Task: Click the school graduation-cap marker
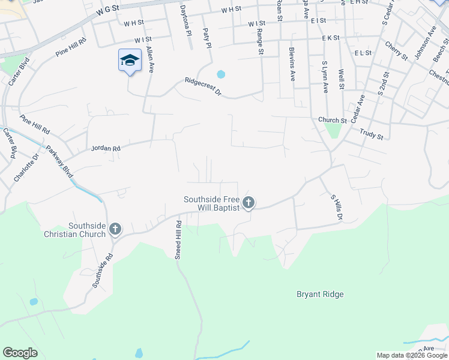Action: pos(130,61)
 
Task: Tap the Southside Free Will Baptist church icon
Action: pos(249,203)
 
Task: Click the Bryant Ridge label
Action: pos(320,294)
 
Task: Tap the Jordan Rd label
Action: pos(106,148)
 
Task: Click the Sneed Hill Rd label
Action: pos(178,239)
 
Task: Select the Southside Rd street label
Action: pos(103,271)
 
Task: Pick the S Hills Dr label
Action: pos(335,207)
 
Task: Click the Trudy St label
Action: pos(372,133)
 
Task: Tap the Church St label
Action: pos(329,120)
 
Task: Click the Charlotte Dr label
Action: pos(26,168)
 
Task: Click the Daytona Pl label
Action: pos(185,19)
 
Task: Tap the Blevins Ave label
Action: pos(292,64)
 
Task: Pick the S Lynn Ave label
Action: pos(325,77)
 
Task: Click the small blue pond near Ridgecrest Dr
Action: pos(221,74)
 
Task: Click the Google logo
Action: pos(20,353)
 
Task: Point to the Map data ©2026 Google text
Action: pos(411,355)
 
